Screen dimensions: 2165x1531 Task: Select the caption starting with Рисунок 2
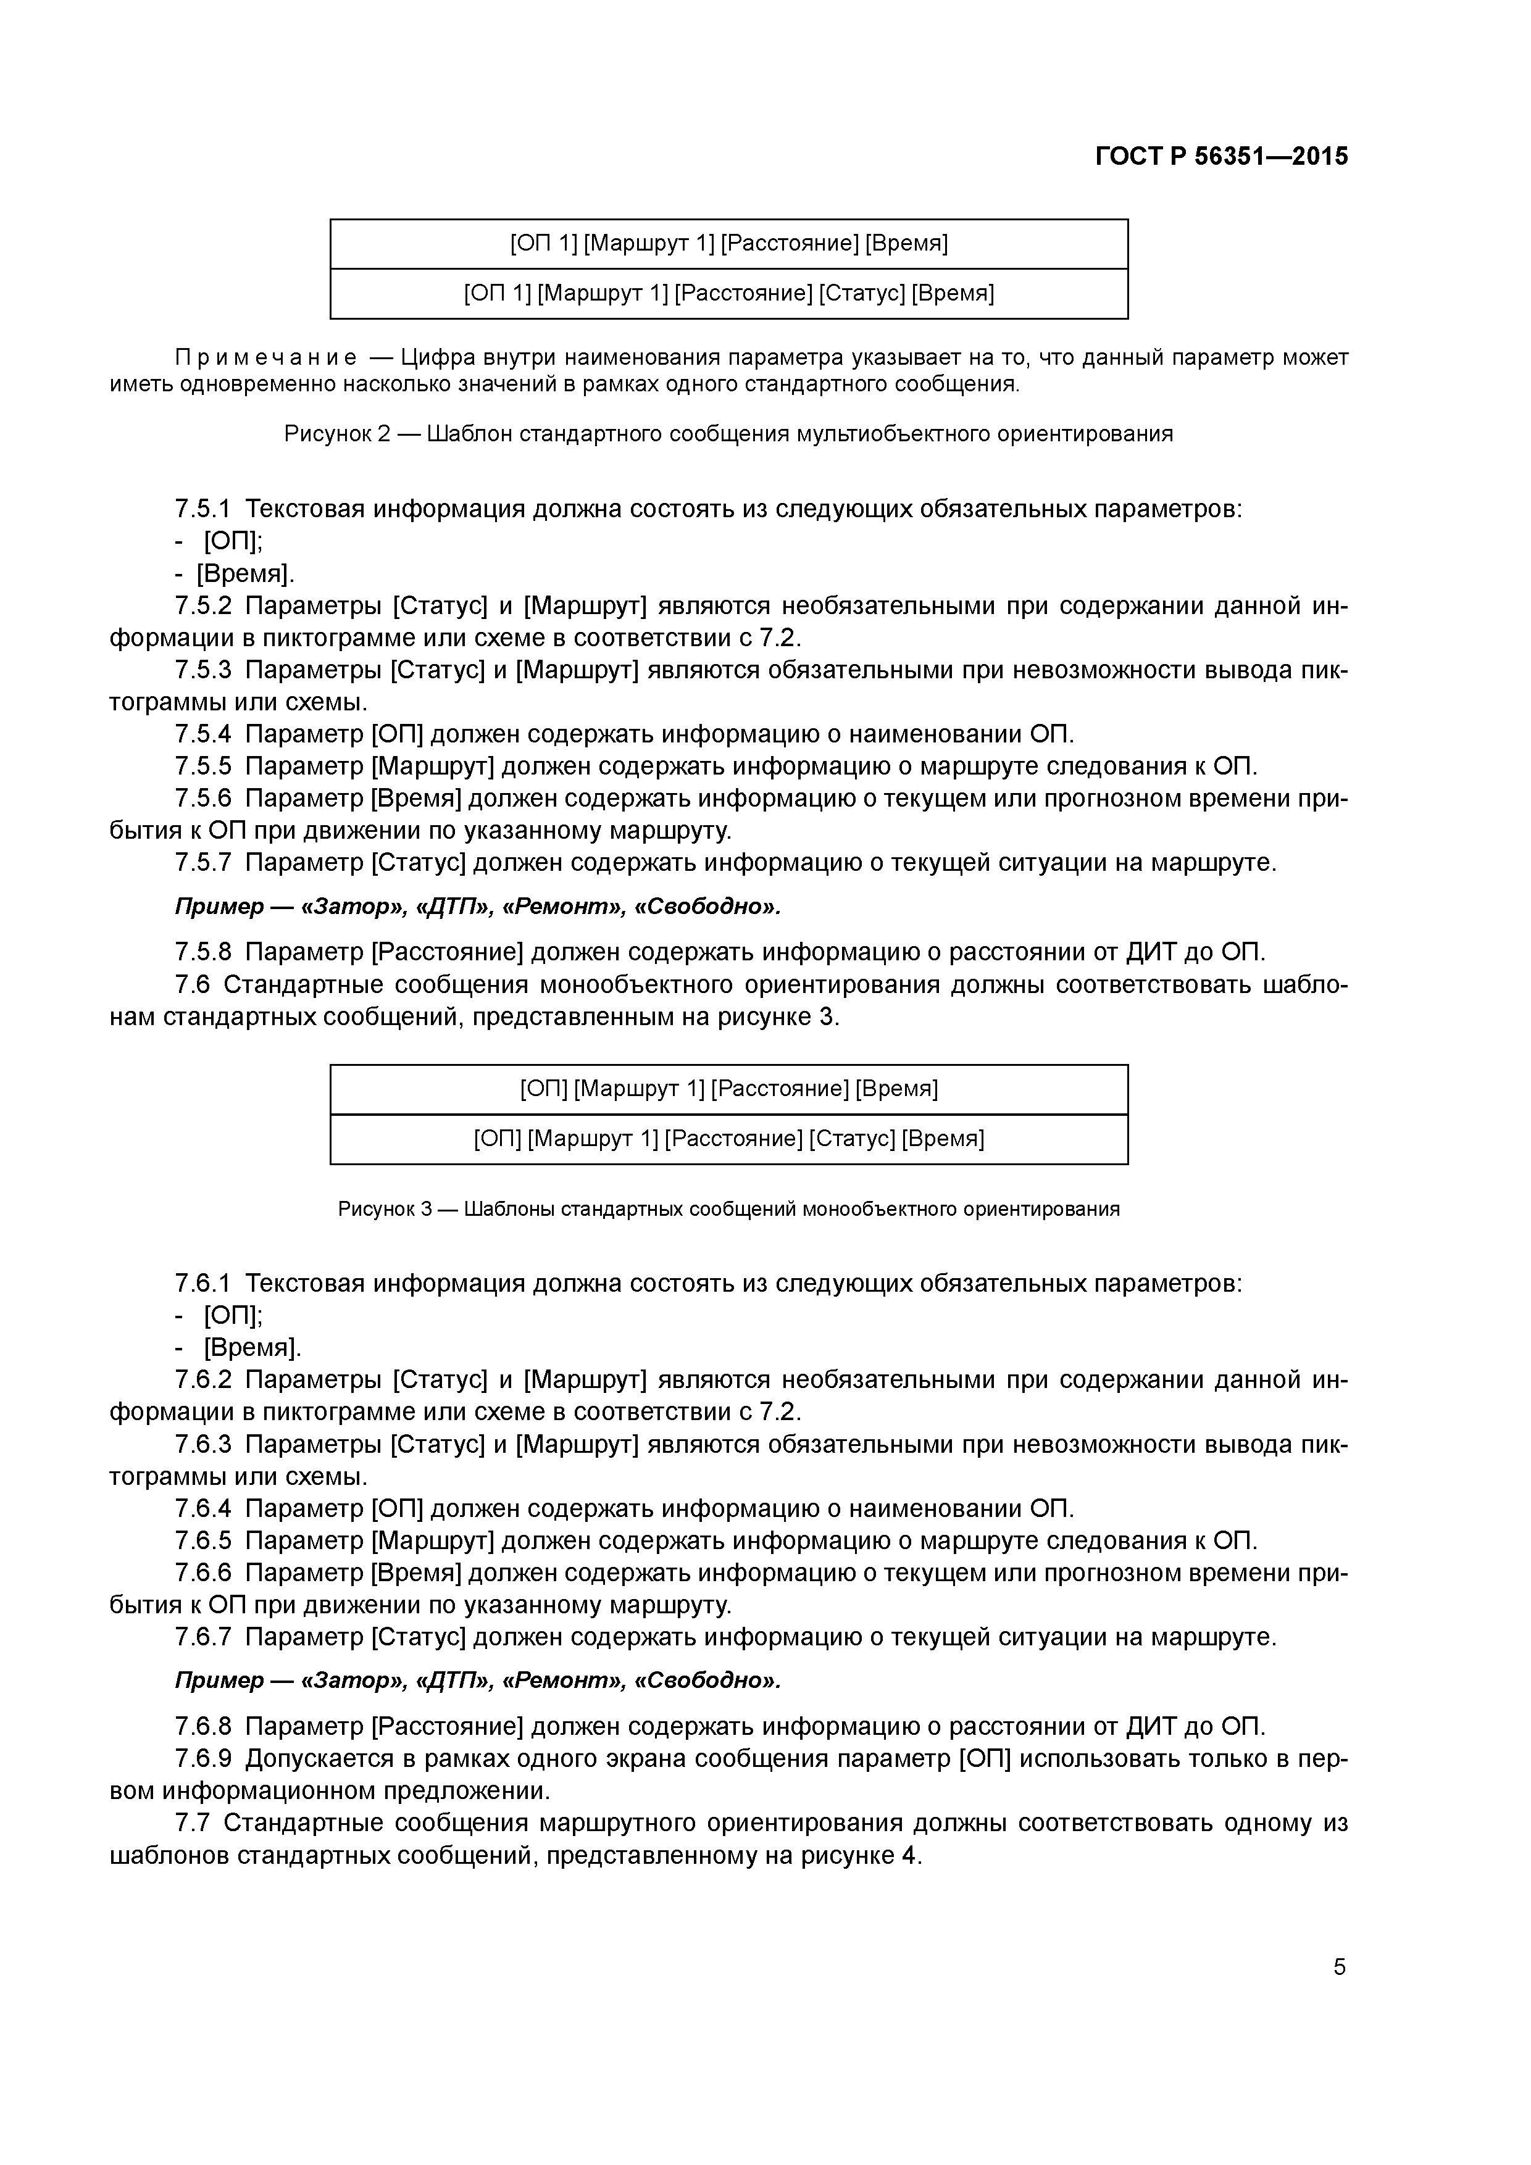(x=728, y=434)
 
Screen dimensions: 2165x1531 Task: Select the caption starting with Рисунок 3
(x=728, y=1209)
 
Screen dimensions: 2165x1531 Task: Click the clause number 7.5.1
(x=203, y=509)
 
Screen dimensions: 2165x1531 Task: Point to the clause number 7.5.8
(x=203, y=952)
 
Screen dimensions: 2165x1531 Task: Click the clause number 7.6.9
(x=203, y=1758)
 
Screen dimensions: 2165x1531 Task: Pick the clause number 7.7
(x=193, y=1822)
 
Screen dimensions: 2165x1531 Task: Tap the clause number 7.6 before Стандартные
(x=193, y=984)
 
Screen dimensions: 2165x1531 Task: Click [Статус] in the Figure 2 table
(x=861, y=293)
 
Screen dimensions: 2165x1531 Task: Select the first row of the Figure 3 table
(x=728, y=1089)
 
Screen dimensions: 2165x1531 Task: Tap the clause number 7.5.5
(x=203, y=766)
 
